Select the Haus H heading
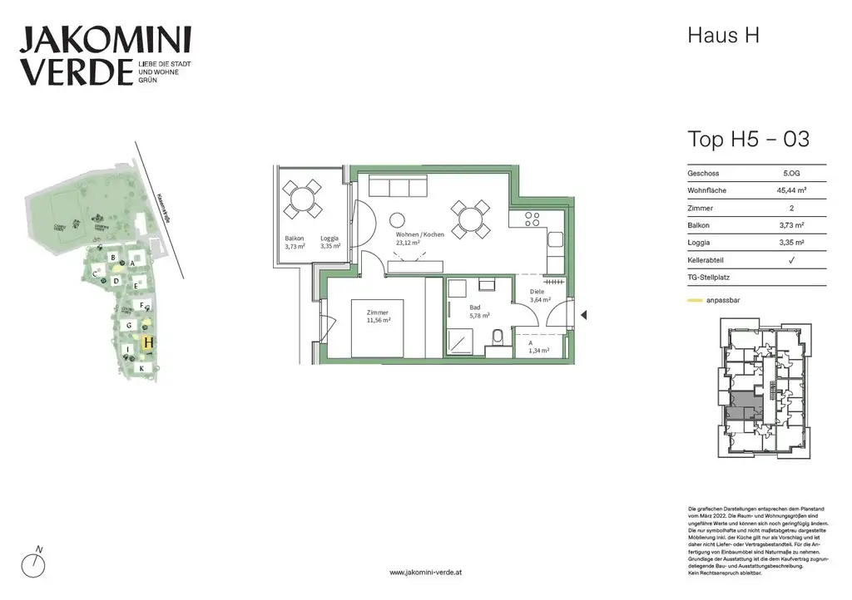point(723,36)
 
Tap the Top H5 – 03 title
point(748,139)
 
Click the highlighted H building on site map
point(147,342)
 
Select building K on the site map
point(141,368)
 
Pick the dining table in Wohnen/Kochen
point(471,218)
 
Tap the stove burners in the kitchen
point(532,219)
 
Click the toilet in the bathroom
point(497,337)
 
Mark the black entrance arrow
point(583,315)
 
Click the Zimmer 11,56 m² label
point(378,317)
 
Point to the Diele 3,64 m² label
point(542,296)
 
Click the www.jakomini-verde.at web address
point(425,573)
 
